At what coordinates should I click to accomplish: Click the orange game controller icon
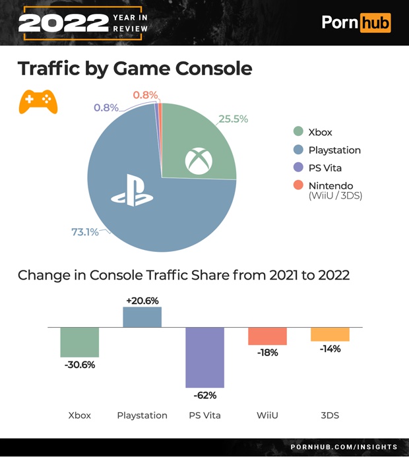38,100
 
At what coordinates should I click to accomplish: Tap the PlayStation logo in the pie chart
132,191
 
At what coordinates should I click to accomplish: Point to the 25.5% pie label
233,119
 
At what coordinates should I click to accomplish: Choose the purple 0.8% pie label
106,107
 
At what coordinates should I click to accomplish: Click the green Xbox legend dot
298,132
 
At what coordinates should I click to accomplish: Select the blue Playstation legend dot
298,150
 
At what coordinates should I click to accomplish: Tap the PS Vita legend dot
298,168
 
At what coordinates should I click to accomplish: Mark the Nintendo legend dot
298,185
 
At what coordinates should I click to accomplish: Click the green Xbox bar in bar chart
80,342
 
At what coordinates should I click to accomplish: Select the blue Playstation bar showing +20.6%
142,317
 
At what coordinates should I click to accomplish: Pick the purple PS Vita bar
205,357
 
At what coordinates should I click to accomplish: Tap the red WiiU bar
267,336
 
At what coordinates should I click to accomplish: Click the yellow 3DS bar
330,334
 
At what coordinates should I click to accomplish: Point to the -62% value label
205,396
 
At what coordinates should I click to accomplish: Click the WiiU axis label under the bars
267,415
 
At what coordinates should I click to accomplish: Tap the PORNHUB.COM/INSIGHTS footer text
344,447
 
